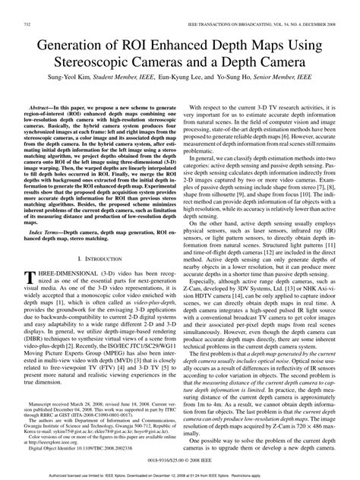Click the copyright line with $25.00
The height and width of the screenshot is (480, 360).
(180, 461)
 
